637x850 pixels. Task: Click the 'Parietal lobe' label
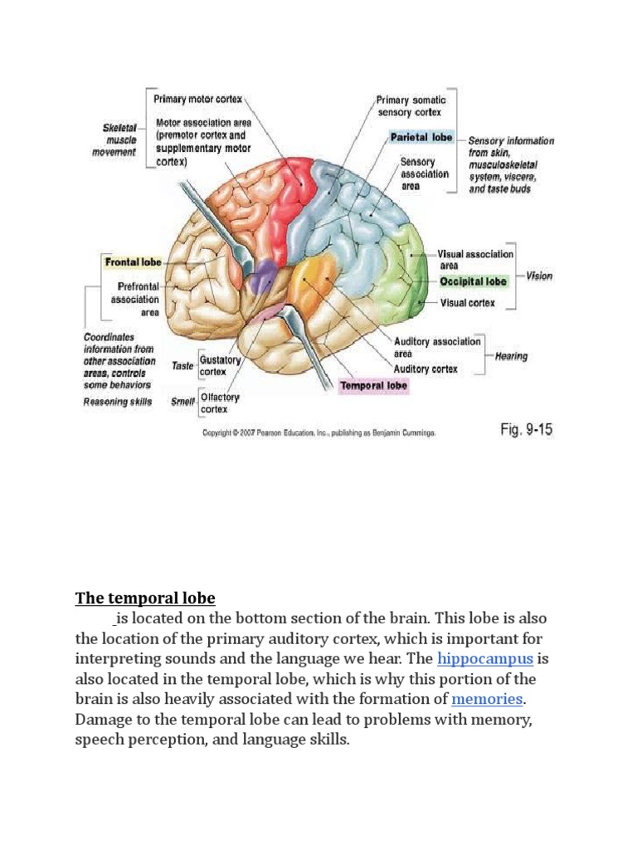422,138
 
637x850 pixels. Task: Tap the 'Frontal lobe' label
133,262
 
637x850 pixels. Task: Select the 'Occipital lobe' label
473,282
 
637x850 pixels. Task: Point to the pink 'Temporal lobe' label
373,386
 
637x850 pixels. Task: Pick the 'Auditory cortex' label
425,369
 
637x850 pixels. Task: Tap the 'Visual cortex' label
467,303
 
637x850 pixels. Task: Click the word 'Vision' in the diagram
539,276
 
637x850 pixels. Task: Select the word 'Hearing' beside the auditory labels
511,356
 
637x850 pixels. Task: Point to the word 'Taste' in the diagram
182,366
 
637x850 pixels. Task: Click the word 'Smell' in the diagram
182,402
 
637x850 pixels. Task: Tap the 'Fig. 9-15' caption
526,430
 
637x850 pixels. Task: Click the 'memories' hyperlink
487,698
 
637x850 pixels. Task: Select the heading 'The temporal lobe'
145,598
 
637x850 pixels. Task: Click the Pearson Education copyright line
319,433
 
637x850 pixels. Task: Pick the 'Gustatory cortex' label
220,366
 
